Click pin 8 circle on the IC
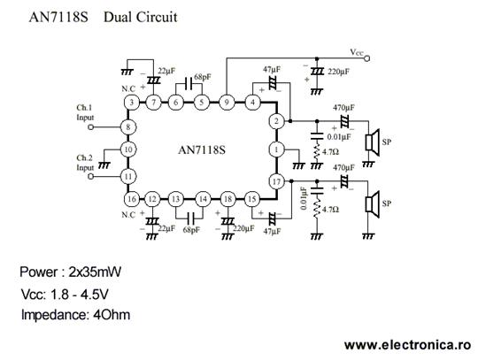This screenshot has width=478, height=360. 128,127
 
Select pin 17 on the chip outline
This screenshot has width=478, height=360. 276,182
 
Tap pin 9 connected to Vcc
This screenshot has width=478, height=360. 227,102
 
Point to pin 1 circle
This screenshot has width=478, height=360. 276,149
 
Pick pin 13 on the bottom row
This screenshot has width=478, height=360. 175,199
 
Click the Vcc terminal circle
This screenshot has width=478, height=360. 367,58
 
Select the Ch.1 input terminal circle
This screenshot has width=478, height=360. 90,127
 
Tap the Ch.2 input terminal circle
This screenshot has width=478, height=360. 90,176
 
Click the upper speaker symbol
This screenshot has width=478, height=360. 372,142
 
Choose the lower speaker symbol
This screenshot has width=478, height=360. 372,204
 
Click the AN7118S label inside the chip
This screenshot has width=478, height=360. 202,149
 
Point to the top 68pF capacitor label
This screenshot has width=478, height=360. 203,77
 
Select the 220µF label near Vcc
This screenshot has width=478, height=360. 339,72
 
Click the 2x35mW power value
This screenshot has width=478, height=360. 95,272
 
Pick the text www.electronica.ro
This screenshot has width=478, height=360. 408,345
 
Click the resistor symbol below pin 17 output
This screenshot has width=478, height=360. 317,209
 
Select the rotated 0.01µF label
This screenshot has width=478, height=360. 304,198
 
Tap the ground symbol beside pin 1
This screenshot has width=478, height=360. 299,165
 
